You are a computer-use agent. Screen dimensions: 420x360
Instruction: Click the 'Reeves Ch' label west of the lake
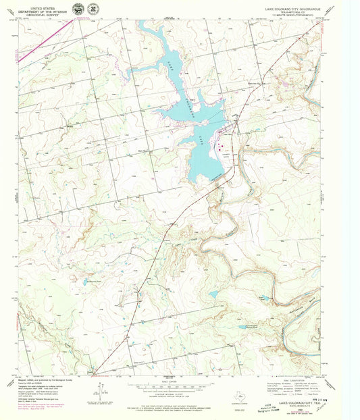[x=143, y=151]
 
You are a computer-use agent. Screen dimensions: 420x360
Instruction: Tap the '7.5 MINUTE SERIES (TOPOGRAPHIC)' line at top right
[x=292, y=16]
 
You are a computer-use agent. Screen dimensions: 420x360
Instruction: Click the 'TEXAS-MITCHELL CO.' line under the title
[x=292, y=13]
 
